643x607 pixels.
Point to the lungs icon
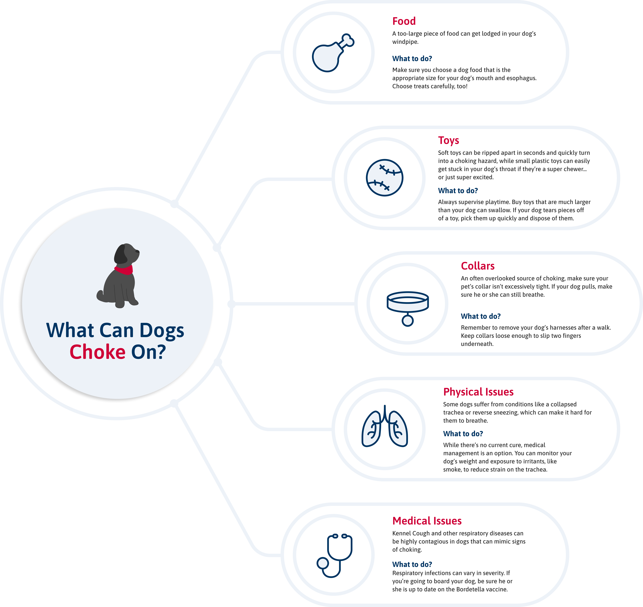[385, 426]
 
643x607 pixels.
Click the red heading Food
[404, 21]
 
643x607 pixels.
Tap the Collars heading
[478, 266]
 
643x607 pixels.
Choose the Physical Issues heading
[478, 392]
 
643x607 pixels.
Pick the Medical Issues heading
[427, 521]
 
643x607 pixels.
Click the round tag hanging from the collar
[408, 321]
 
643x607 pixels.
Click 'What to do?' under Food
[412, 59]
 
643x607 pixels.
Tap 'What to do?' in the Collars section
[481, 316]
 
